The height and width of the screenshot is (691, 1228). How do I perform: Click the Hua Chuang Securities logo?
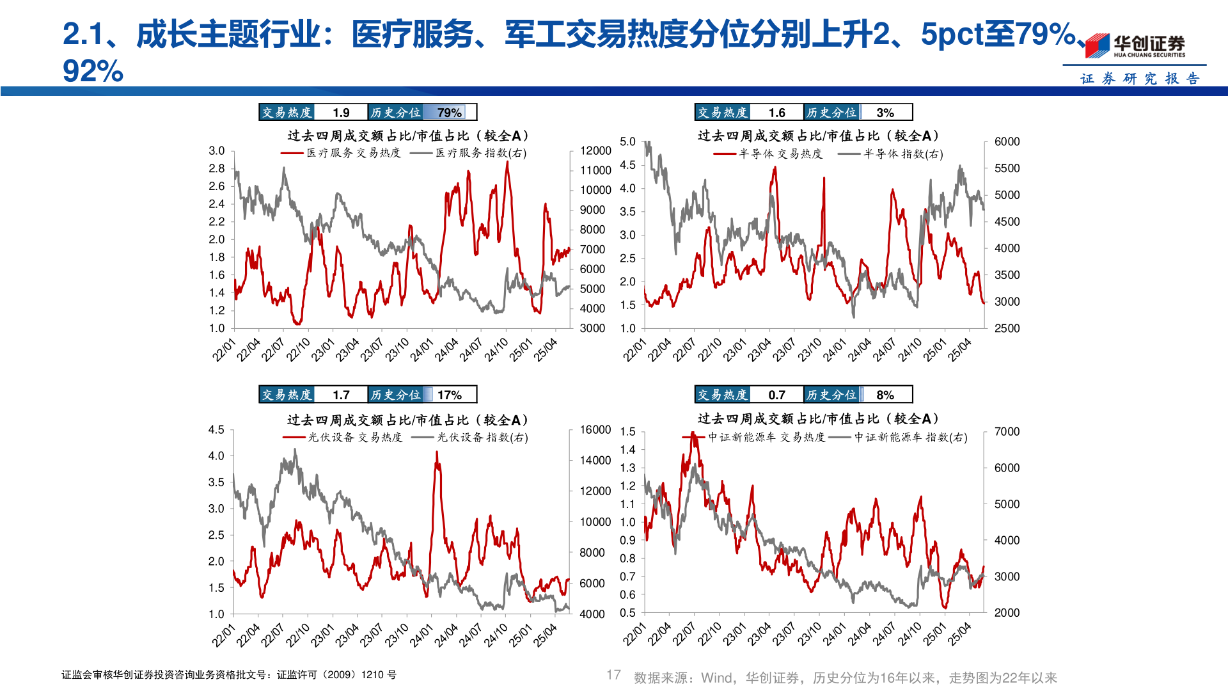[x=1135, y=45]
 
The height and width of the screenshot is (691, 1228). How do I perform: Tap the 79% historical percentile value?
[x=449, y=113]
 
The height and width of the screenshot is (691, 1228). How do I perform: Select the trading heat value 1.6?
[x=776, y=113]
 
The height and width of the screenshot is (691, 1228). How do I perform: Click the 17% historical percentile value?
[x=449, y=395]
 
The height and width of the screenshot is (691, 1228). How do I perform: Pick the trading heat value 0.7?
[x=776, y=395]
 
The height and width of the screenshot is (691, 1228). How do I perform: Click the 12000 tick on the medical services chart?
[x=595, y=150]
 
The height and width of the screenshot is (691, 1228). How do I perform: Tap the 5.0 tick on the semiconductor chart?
[x=627, y=141]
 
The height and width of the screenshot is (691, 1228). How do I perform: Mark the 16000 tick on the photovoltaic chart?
[x=595, y=429]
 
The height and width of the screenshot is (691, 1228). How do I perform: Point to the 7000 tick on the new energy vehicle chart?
[x=1007, y=431]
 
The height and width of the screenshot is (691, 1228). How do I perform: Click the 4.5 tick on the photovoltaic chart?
[x=216, y=429]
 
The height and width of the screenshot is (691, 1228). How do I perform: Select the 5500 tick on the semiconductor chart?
[x=1007, y=168]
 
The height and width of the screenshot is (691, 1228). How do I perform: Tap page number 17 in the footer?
[x=613, y=675]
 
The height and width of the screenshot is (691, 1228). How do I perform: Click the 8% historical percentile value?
[x=885, y=395]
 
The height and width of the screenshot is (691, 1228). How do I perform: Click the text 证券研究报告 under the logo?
[x=1140, y=78]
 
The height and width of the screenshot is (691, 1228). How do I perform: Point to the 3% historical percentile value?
[x=885, y=113]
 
